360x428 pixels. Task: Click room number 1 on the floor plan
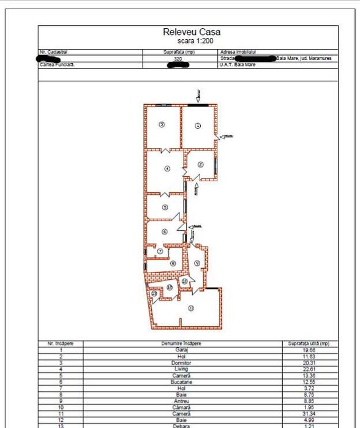click(x=198, y=126)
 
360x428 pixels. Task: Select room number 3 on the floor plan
click(x=162, y=124)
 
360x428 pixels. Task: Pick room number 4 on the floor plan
click(x=167, y=168)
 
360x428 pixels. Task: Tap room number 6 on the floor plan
click(x=164, y=231)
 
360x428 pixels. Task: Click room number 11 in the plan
click(x=191, y=308)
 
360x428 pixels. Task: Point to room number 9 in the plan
click(x=197, y=263)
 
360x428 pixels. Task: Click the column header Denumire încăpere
click(x=181, y=344)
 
